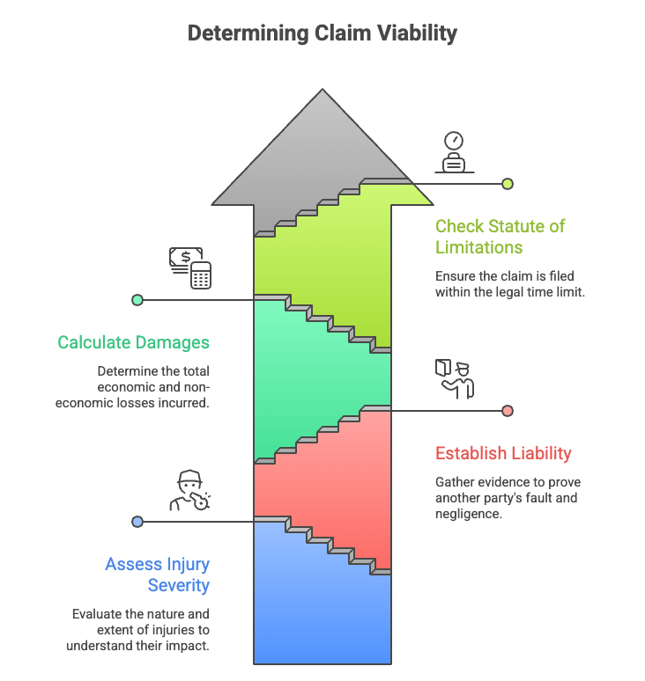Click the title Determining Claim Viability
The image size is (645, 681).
coord(322,33)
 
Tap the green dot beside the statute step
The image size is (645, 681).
coord(508,184)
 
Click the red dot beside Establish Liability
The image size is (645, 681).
coord(508,411)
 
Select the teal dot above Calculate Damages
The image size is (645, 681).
coord(137,300)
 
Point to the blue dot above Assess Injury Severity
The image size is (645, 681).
coord(137,522)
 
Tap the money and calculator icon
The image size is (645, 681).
coord(190,267)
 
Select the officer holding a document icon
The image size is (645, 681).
coord(455,379)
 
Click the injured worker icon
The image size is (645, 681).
coord(190,491)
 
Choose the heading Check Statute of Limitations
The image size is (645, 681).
coord(500,237)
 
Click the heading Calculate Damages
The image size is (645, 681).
coord(134,342)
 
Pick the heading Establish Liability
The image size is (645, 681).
coord(503,454)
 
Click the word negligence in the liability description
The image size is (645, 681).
coord(469,514)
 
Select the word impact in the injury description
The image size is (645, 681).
coord(189,645)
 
